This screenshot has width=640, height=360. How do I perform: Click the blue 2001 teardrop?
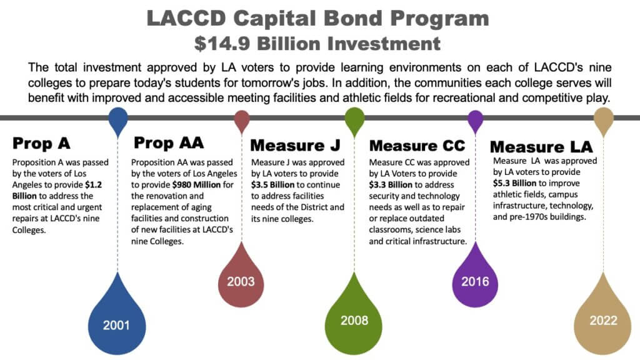117,322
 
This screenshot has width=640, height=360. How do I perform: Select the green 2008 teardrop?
354,319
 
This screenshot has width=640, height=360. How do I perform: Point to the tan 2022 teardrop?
602,319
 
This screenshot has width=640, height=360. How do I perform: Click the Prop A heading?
41,143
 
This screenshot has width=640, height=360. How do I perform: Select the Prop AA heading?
169,142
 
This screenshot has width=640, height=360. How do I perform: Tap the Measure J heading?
295,146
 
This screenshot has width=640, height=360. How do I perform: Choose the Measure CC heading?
417,146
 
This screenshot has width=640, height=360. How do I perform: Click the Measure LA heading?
541,147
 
